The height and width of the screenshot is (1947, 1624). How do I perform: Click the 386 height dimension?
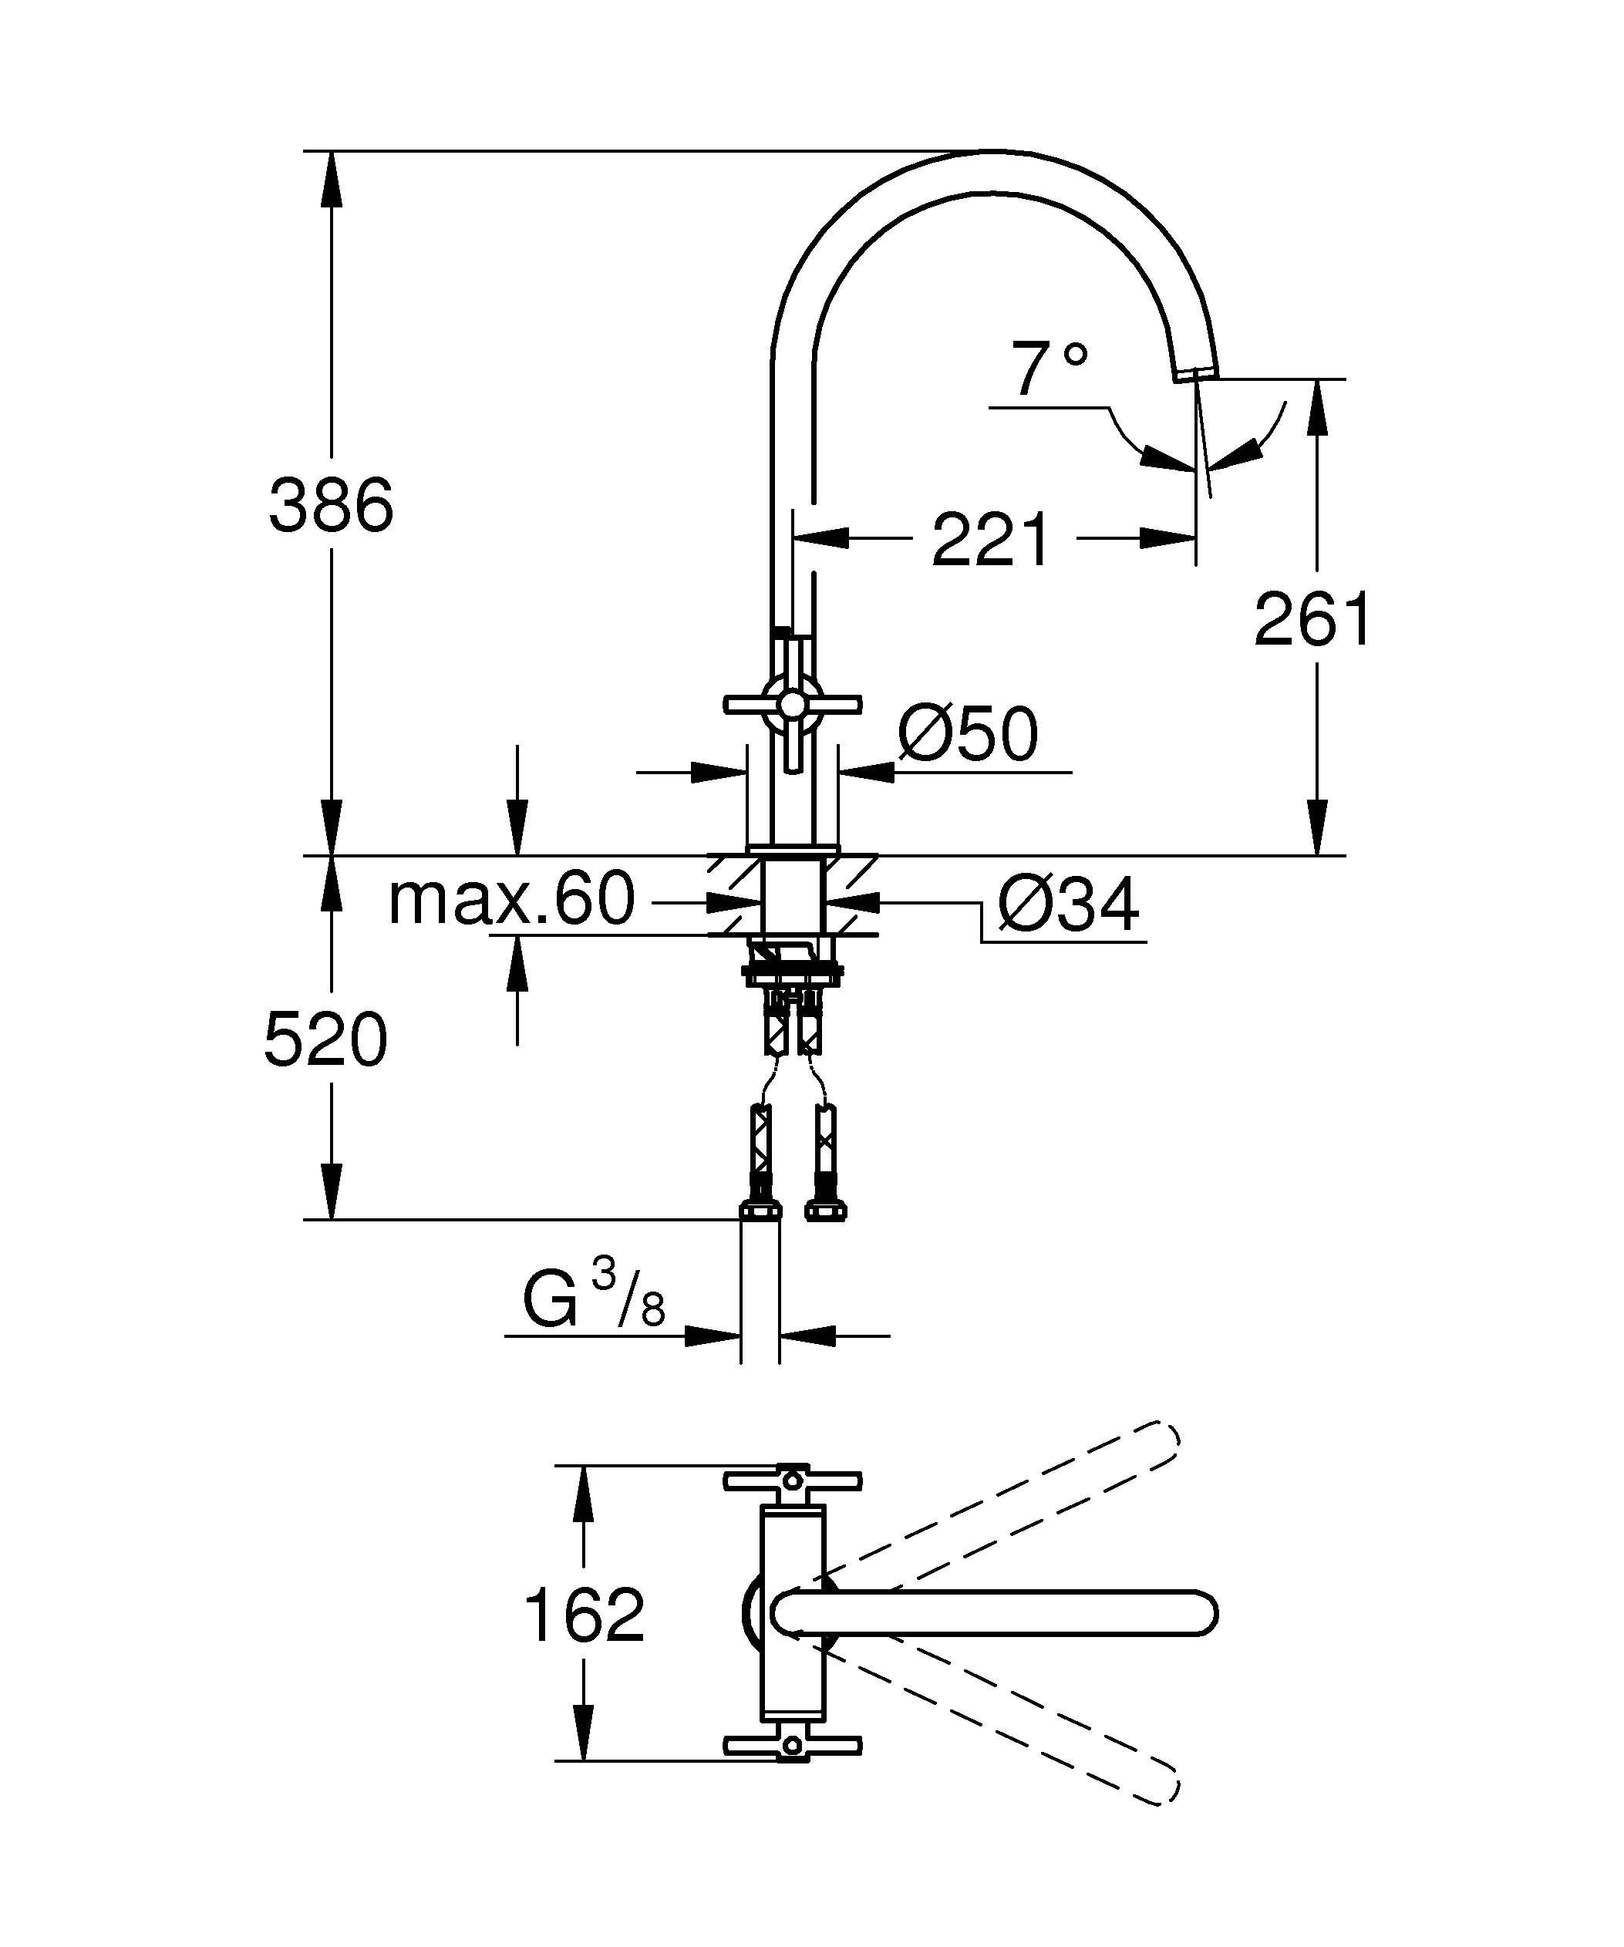pyautogui.click(x=331, y=505)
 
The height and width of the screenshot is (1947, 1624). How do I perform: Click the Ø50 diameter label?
pyautogui.click(x=968, y=735)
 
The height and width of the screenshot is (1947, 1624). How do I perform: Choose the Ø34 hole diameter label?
pyautogui.click(x=1068, y=906)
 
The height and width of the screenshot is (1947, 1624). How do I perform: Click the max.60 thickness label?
pyautogui.click(x=512, y=898)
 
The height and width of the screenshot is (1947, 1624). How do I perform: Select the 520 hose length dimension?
pyautogui.click(x=325, y=1040)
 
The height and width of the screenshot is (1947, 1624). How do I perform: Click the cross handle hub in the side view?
pyautogui.click(x=792, y=706)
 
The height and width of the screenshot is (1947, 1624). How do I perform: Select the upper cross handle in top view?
pyautogui.click(x=793, y=1481)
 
